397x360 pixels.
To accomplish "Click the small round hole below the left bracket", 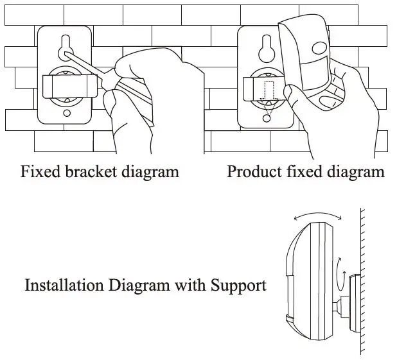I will (67, 114).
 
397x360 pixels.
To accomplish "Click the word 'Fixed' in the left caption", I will (39, 172).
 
